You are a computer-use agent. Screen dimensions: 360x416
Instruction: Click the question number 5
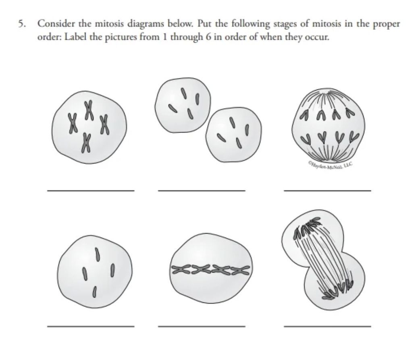point(20,24)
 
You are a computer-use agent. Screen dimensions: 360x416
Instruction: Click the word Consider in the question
point(54,24)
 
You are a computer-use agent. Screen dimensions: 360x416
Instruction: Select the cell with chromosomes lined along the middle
point(210,268)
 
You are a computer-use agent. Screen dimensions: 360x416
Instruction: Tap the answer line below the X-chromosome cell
point(91,190)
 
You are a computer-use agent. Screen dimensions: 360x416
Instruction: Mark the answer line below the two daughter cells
point(201,190)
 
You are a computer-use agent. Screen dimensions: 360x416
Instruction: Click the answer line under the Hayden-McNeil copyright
point(327,190)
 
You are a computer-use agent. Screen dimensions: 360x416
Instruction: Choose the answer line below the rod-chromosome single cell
point(91,326)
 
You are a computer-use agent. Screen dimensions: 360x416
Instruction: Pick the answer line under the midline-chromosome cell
point(201,326)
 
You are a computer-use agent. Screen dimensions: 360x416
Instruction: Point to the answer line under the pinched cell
point(327,326)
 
